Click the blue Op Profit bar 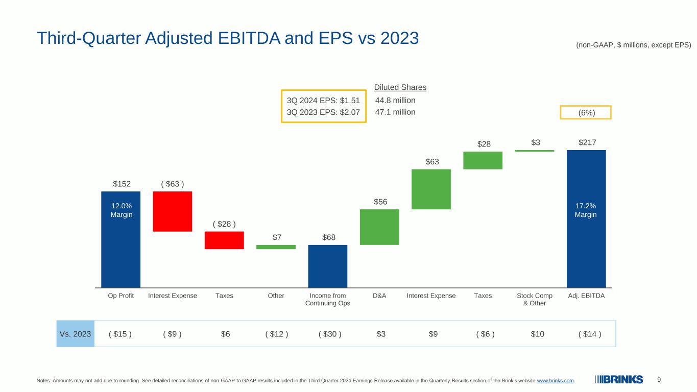[x=121, y=239]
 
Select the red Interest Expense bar [x=173, y=211]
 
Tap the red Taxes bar [x=224, y=240]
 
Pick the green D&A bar [x=379, y=227]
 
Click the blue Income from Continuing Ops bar [x=328, y=266]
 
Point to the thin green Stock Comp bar [x=535, y=151]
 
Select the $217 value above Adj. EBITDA [x=587, y=142]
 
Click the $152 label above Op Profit [x=122, y=184]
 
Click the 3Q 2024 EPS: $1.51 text [x=323, y=101]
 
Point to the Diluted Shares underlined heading [x=400, y=87]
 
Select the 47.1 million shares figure [x=395, y=112]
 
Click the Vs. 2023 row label [x=75, y=334]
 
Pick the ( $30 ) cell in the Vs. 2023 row [x=330, y=334]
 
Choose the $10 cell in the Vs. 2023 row [x=537, y=334]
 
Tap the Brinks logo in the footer [x=619, y=380]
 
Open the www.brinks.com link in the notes [x=555, y=380]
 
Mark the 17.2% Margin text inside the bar [x=586, y=210]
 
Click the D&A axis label [x=379, y=296]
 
